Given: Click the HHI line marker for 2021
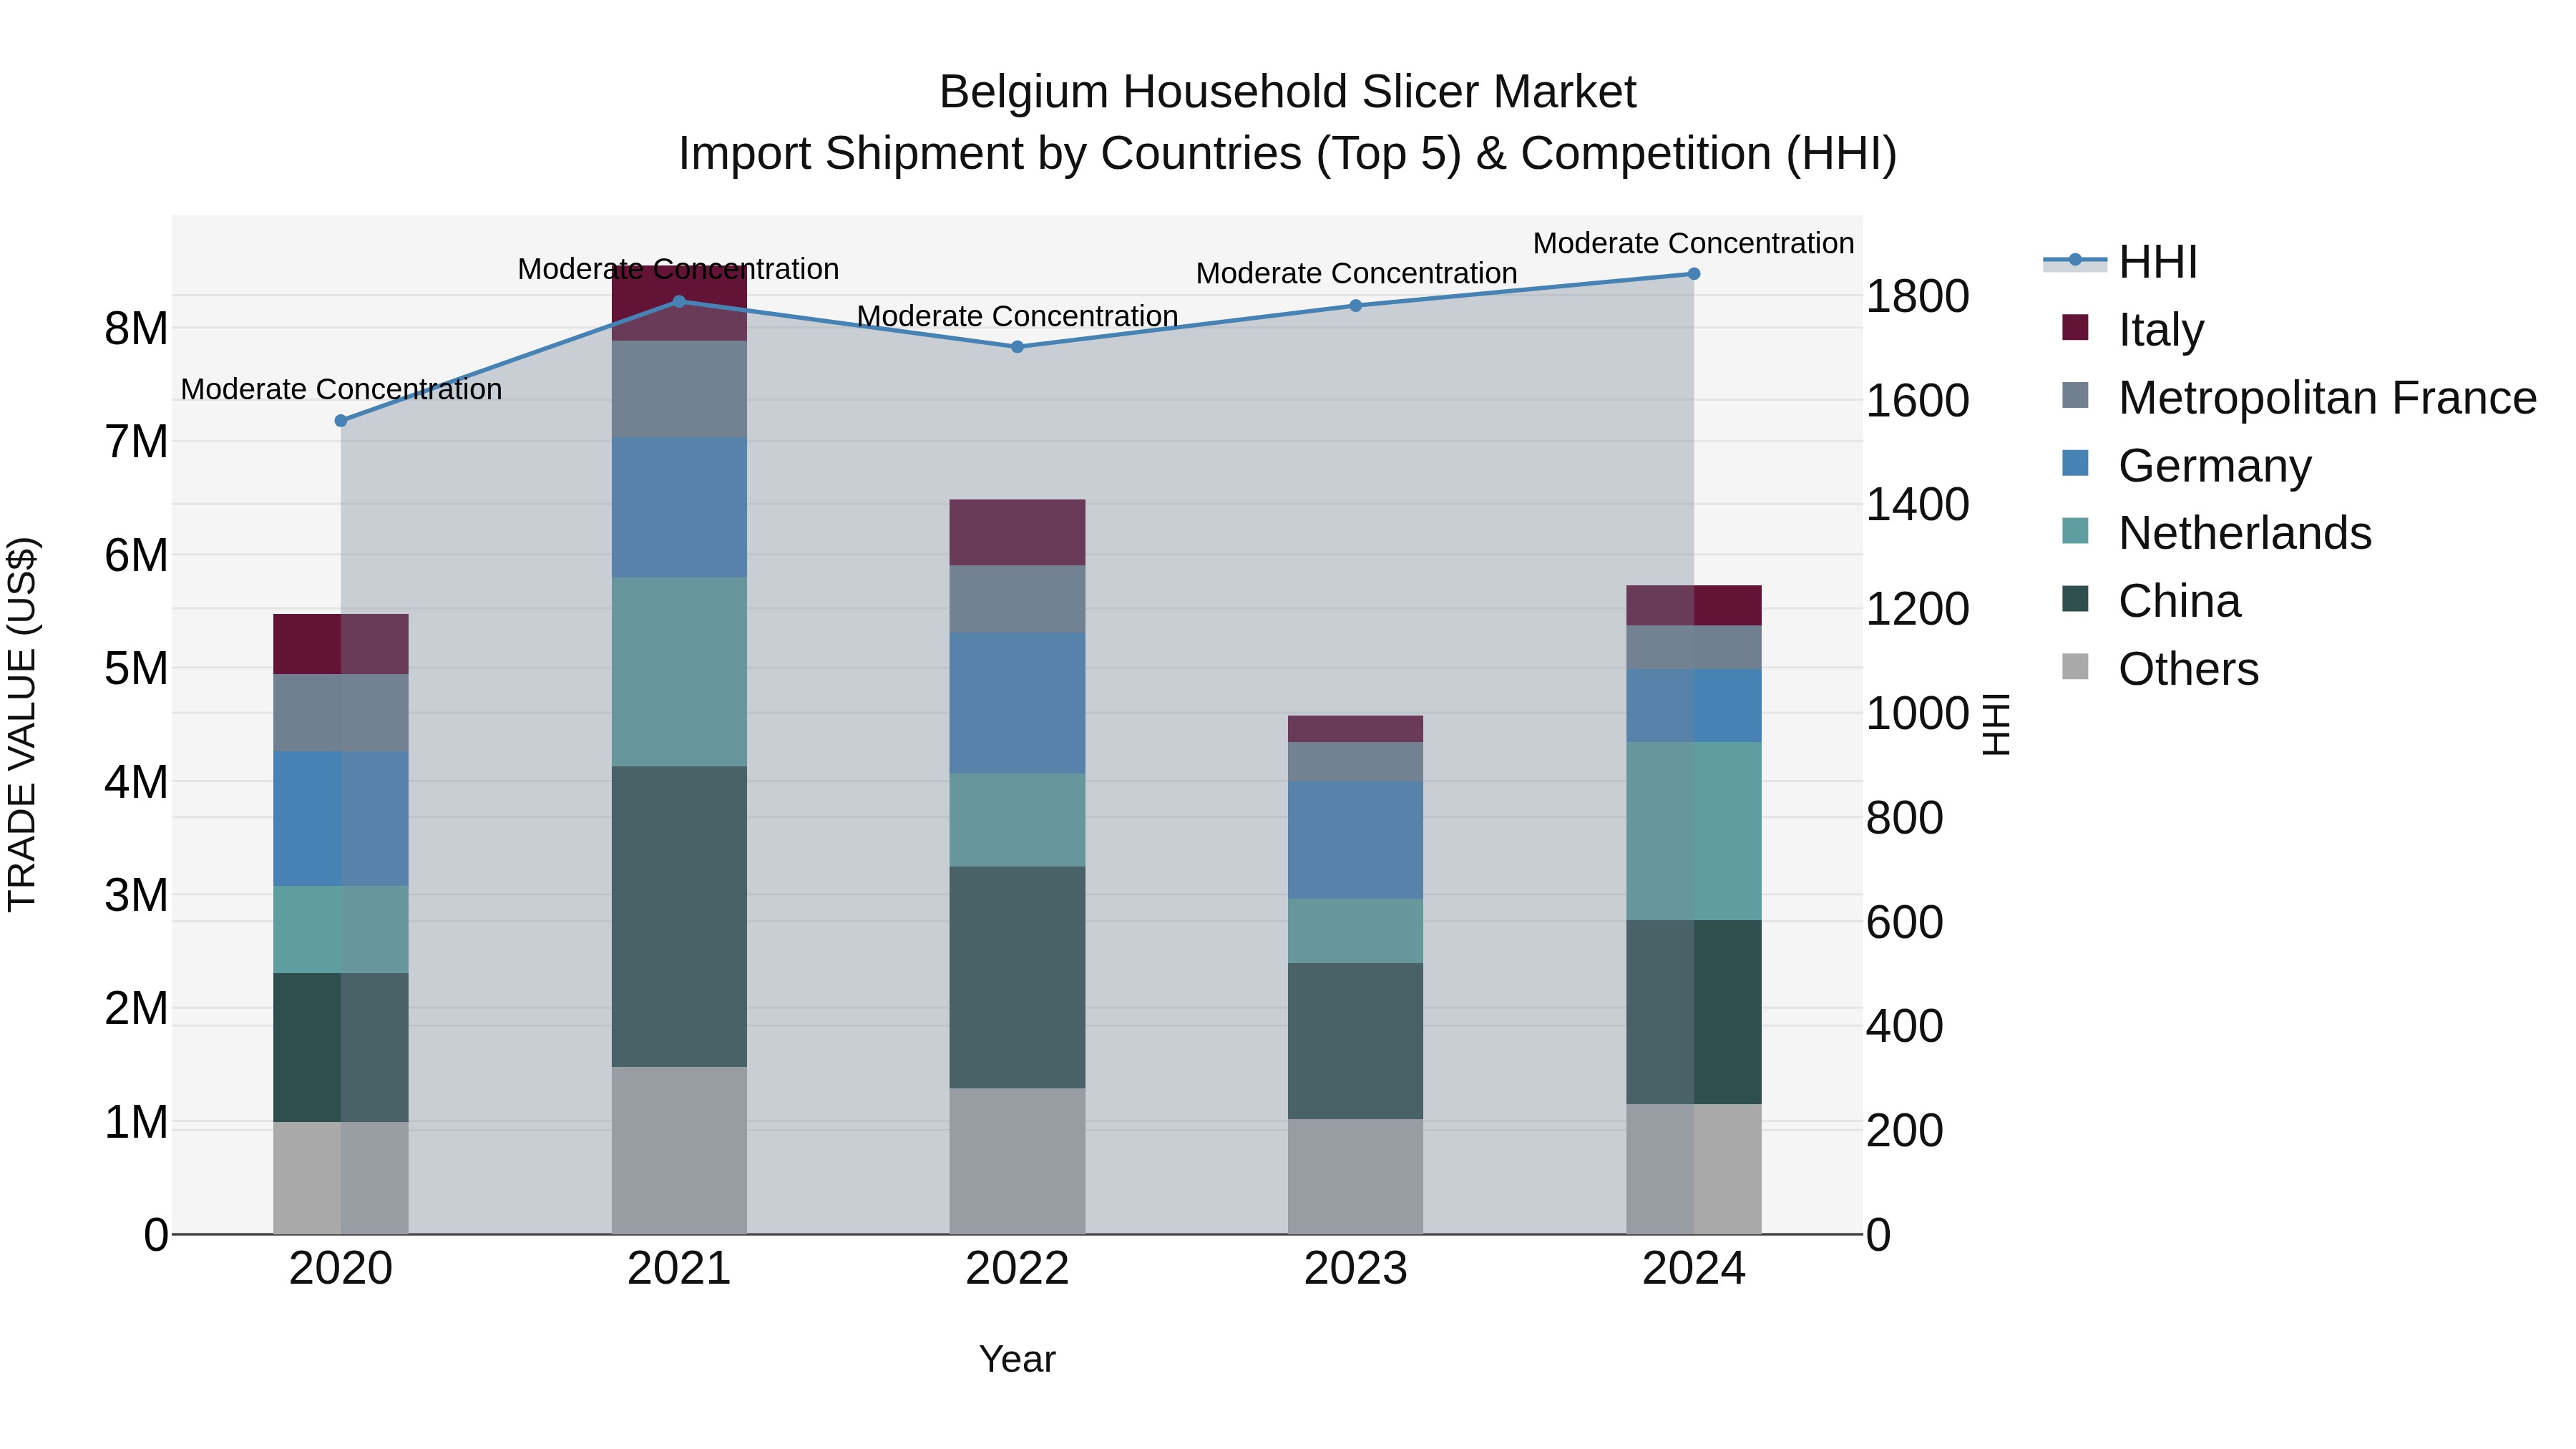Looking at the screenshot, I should click(679, 301).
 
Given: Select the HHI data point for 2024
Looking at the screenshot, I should click(1693, 273).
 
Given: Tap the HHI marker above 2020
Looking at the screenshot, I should click(341, 421).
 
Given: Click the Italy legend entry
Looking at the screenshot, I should click(2160, 329).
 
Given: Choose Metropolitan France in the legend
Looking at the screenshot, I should click(2326, 397).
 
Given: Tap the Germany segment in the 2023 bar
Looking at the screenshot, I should click(1355, 839).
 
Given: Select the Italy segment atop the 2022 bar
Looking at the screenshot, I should click(1017, 532).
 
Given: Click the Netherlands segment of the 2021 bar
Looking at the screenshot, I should click(679, 671).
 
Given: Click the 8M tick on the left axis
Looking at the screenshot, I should click(136, 328).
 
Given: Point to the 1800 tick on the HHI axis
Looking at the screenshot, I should click(1917, 296).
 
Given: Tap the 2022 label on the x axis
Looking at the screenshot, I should click(1017, 1269).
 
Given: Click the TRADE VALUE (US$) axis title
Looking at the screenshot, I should click(22, 724).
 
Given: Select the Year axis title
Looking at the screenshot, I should click(1017, 1359).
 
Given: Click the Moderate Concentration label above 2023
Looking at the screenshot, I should click(1355, 273).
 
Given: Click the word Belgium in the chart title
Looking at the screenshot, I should click(1023, 92).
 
